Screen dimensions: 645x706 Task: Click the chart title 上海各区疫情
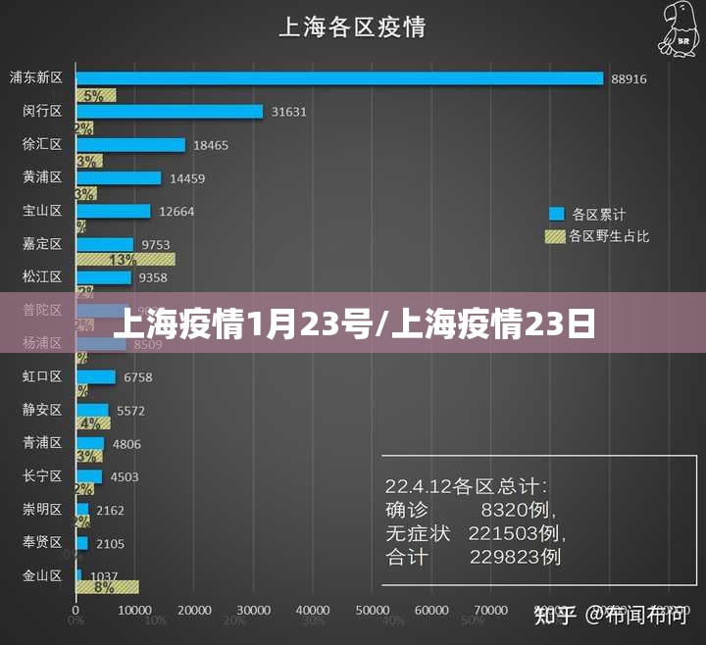352,25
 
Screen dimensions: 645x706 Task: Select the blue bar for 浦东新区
339,77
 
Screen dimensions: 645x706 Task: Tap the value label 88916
629,78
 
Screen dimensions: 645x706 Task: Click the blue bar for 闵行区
170,111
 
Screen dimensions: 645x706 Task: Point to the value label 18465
211,145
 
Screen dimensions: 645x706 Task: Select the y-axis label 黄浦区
42,177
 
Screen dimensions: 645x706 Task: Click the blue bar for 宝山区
114,211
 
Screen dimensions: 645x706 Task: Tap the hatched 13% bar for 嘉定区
126,260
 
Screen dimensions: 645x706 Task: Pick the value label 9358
153,277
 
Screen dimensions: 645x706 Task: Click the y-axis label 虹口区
42,376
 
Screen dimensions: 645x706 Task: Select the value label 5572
130,411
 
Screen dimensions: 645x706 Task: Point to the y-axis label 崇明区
42,509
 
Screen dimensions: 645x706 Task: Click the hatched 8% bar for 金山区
107,587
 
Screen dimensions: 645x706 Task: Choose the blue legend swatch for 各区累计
557,213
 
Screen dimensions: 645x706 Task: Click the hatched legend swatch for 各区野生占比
556,236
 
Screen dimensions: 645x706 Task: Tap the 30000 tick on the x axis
255,611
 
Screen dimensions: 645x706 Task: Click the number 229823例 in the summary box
515,557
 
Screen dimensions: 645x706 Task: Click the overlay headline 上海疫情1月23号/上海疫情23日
353,322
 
